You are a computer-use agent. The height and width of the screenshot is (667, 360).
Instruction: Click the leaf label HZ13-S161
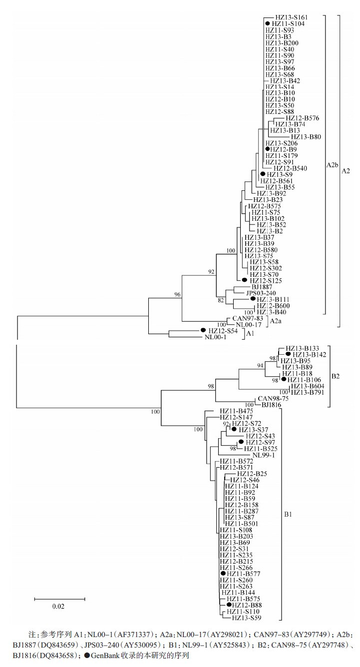coord(290,17)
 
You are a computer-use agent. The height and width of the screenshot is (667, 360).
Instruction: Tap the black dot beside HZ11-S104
coord(268,23)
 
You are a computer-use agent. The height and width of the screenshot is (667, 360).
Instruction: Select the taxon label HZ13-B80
coord(306,137)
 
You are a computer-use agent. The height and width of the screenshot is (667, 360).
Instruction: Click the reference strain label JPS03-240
coord(258,293)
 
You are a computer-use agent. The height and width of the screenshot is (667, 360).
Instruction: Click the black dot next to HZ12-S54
coord(203,330)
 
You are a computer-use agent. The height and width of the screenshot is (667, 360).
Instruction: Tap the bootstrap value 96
coord(177,295)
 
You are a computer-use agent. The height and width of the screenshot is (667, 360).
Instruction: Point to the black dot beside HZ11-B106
coord(284,380)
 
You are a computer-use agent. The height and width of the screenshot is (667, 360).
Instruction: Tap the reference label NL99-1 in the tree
coord(264,455)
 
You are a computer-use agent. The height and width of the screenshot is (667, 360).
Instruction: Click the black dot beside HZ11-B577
coord(223,574)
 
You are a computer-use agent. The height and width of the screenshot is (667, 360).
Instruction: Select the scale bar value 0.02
coord(59,607)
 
